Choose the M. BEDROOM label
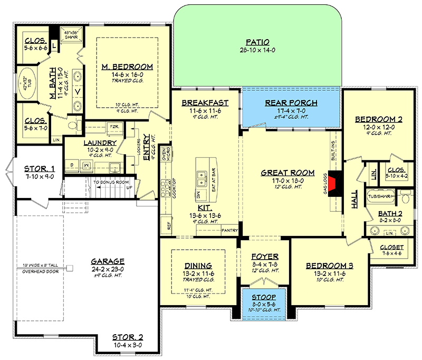(128, 67)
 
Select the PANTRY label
(229, 230)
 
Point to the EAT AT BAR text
(214, 179)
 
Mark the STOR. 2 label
(128, 337)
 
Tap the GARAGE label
(107, 261)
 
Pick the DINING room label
(199, 266)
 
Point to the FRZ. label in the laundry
(113, 127)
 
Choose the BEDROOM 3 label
(330, 266)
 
